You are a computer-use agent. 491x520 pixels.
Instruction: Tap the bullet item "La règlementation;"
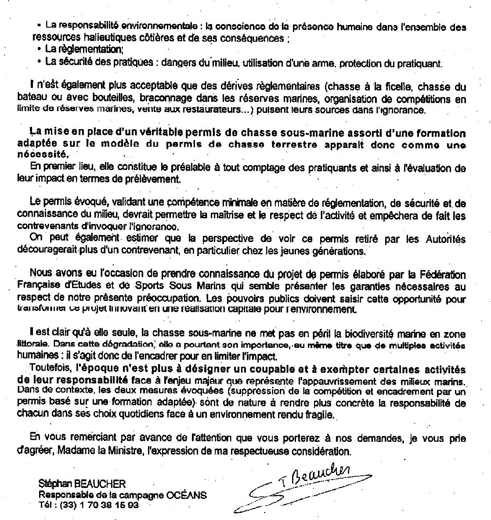(84, 50)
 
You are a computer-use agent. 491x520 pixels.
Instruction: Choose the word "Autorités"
(445, 239)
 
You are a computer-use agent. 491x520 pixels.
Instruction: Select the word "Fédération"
(441, 275)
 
